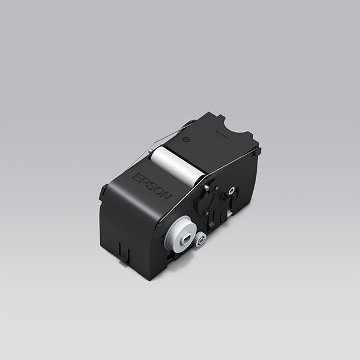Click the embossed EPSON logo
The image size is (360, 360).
[152, 187]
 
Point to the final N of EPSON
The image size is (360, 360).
[167, 197]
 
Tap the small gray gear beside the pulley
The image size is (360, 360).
[200, 241]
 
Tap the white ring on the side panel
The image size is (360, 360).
[230, 192]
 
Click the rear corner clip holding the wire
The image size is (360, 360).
[256, 151]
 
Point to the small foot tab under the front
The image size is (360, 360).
[124, 255]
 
